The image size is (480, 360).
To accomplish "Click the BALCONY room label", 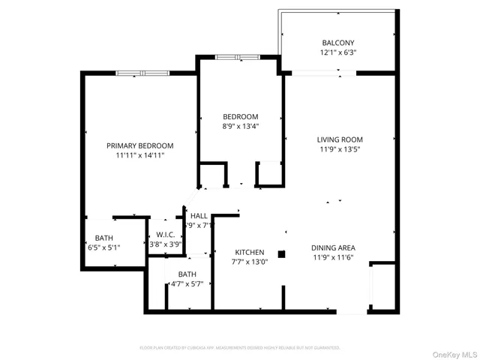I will tap(337, 43).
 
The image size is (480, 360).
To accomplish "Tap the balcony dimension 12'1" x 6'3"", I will tap(337, 53).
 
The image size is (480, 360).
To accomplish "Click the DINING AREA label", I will tap(333, 247).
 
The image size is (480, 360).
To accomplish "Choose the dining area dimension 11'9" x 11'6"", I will tap(333, 258).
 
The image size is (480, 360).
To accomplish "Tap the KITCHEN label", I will tap(250, 252).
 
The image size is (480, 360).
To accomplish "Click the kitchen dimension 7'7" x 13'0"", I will tap(250, 262).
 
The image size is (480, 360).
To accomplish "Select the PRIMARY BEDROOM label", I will tap(139, 145).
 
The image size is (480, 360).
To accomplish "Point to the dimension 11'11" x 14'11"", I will tap(139, 156).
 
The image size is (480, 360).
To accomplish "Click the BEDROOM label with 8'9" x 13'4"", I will tap(240, 116).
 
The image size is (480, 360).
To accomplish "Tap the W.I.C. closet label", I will tap(166, 234).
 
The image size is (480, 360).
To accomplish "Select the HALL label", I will tap(199, 215).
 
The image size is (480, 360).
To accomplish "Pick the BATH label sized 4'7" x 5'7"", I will tap(187, 274).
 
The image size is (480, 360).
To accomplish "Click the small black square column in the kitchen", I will tap(281, 254).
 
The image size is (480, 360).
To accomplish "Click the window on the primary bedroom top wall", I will tap(141, 73).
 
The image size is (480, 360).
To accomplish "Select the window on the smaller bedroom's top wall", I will tap(234, 57).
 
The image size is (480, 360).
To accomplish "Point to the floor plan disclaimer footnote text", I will tap(240, 347).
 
